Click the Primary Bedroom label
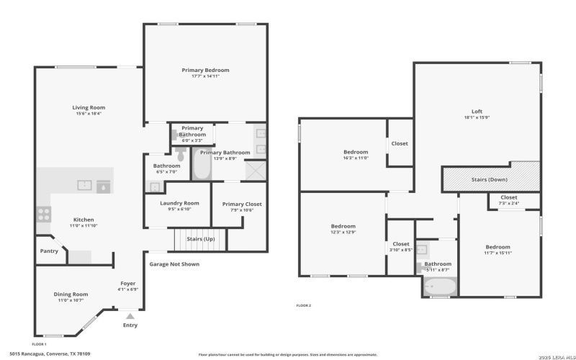point(205,70)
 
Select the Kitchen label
point(83,220)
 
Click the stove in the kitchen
point(44,213)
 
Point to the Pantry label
point(49,251)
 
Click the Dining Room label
point(71,294)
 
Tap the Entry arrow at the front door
point(130,315)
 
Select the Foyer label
point(127,284)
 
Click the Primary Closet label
point(242,204)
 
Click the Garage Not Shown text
point(174,264)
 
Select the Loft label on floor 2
point(477,111)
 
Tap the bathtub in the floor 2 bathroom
point(440,287)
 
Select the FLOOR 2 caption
point(304,305)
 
